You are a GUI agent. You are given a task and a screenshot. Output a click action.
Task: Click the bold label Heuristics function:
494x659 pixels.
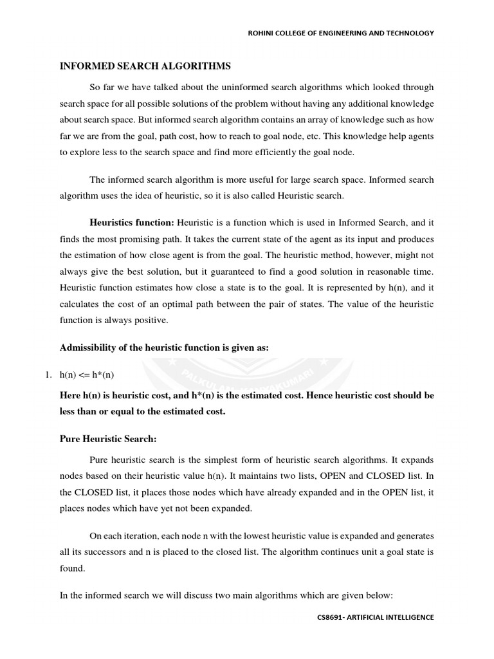tap(132, 222)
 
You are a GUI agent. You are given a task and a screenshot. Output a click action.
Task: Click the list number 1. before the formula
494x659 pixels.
tap(64, 375)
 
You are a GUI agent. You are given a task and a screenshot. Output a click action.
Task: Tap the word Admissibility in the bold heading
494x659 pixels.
tap(90, 348)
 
